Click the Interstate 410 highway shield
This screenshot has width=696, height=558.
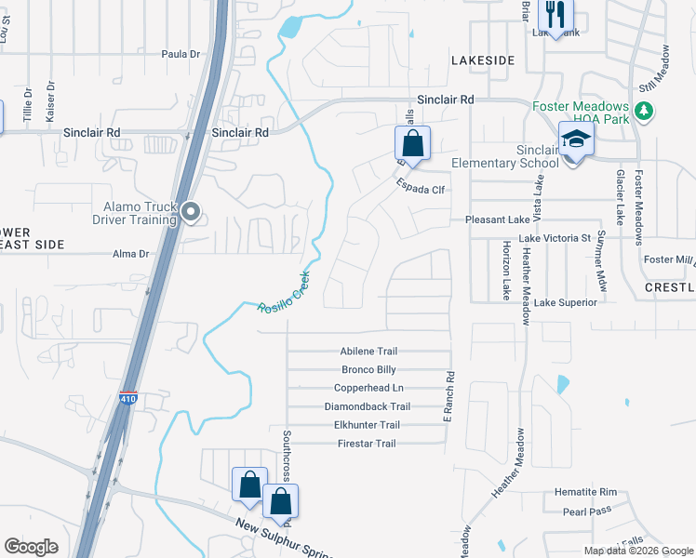coord(127,399)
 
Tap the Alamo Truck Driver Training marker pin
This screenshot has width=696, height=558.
coord(191,213)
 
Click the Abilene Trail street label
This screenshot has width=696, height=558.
coord(368,352)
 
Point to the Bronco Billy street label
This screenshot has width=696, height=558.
coord(368,369)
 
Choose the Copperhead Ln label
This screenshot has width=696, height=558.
coord(368,388)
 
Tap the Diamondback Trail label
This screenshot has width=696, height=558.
coord(367,406)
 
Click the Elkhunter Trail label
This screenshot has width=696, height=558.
coord(367,425)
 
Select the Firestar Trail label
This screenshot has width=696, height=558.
coord(367,444)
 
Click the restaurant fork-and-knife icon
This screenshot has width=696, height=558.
coord(555,15)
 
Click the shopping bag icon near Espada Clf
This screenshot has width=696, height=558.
coord(412,144)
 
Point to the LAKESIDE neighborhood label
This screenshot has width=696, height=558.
coord(483,60)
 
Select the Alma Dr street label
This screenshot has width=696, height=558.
coord(130,253)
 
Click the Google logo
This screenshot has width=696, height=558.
coord(32,547)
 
